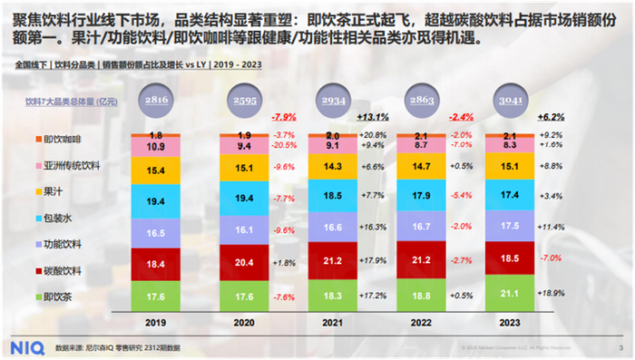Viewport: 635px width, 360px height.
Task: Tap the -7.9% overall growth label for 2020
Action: (x=286, y=118)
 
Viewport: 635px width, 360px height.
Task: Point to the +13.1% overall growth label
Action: (x=373, y=118)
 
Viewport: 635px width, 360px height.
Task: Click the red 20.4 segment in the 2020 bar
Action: (x=244, y=263)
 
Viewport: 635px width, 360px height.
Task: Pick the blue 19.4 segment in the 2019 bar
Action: (x=155, y=199)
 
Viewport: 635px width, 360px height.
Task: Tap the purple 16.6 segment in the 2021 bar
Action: (x=332, y=228)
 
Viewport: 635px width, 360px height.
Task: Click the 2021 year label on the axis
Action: (x=332, y=321)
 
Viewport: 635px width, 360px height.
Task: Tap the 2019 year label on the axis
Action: (x=155, y=321)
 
